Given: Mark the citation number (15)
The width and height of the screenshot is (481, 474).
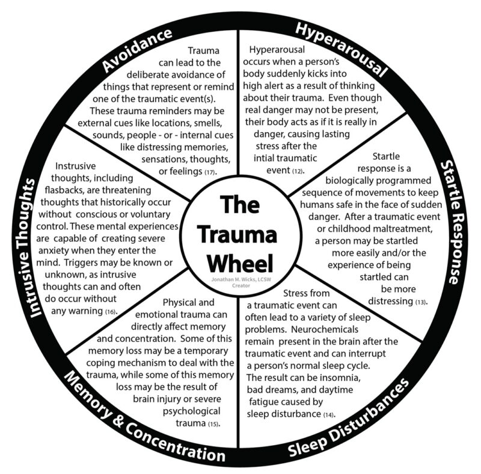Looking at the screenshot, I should pos(213,425).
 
